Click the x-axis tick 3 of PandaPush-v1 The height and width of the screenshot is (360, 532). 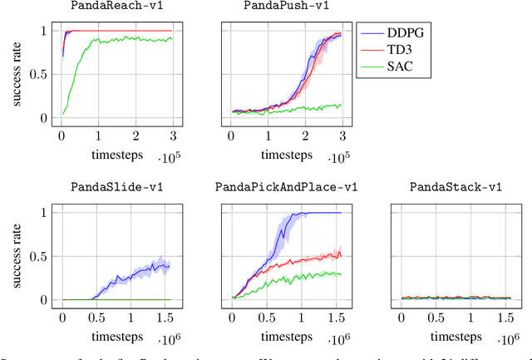342,136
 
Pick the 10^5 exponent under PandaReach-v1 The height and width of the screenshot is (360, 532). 167,158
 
